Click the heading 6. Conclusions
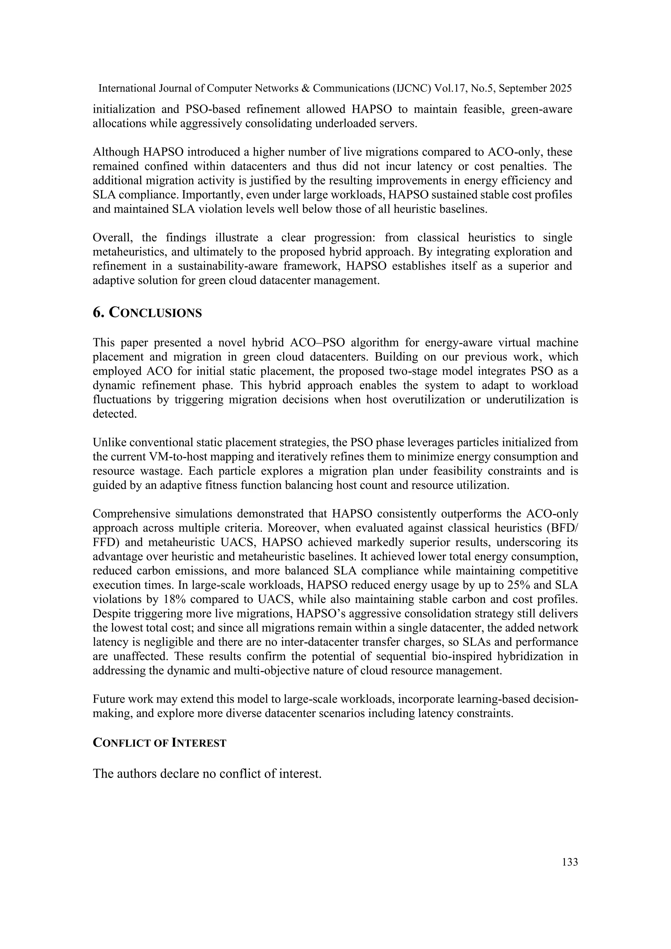click(147, 313)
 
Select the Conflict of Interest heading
click(160, 743)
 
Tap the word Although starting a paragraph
click(116, 152)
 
